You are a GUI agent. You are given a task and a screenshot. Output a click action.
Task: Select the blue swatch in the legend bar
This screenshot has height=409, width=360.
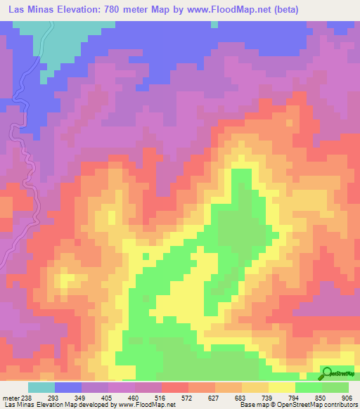tap(67, 387)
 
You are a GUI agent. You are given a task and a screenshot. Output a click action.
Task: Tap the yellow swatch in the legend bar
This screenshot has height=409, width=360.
tap(281, 387)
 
